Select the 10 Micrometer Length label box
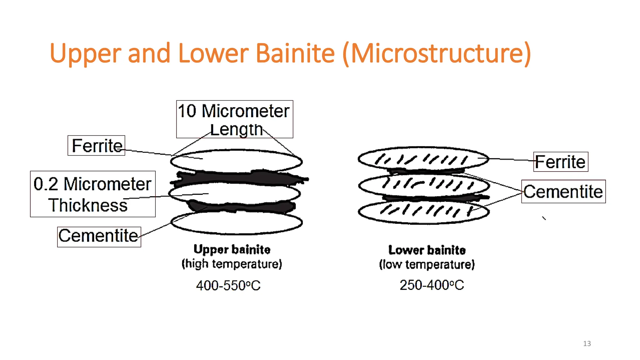pos(234,119)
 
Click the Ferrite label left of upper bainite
pos(97,146)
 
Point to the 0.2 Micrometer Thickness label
pos(92,194)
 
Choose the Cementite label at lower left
pos(99,237)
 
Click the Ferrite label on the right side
pos(560,162)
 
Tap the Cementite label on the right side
pos(563,192)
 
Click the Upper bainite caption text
pos(232,249)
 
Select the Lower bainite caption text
pos(427,250)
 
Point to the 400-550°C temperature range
pos(228,285)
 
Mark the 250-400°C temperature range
pos(432,285)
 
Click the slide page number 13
pos(587,343)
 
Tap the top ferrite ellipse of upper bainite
pos(236,161)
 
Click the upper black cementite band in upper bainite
pos(237,178)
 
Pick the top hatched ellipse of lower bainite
pos(423,159)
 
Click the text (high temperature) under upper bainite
pos(232,264)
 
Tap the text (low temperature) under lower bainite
pos(427,265)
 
